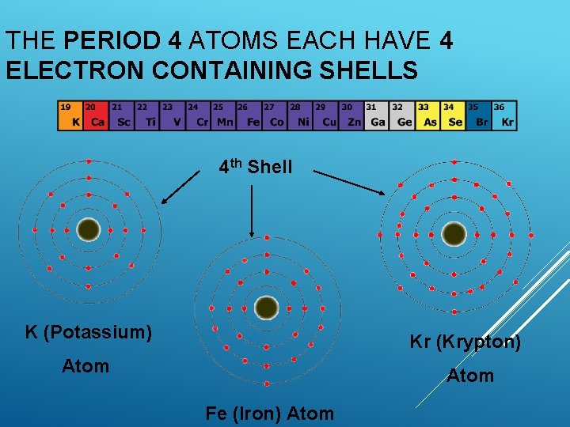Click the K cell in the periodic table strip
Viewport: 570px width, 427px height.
click(70, 115)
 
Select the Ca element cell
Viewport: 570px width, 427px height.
click(96, 115)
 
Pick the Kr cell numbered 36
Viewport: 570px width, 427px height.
click(503, 115)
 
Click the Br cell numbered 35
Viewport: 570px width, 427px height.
click(478, 115)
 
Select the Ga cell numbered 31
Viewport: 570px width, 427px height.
click(377, 115)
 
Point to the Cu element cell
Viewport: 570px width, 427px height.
click(326, 115)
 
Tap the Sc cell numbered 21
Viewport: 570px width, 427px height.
click(121, 115)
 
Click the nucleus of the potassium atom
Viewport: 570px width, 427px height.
click(89, 229)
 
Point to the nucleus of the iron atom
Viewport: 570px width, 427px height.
click(267, 307)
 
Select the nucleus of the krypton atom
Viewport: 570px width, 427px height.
click(454, 233)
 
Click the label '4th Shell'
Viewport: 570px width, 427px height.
click(256, 167)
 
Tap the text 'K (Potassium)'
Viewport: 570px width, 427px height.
click(89, 331)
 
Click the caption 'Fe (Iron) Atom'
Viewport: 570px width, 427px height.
click(269, 413)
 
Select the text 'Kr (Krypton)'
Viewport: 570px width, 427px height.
click(465, 342)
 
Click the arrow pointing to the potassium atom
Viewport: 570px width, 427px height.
click(180, 187)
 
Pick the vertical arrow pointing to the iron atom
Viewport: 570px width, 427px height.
click(251, 210)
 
